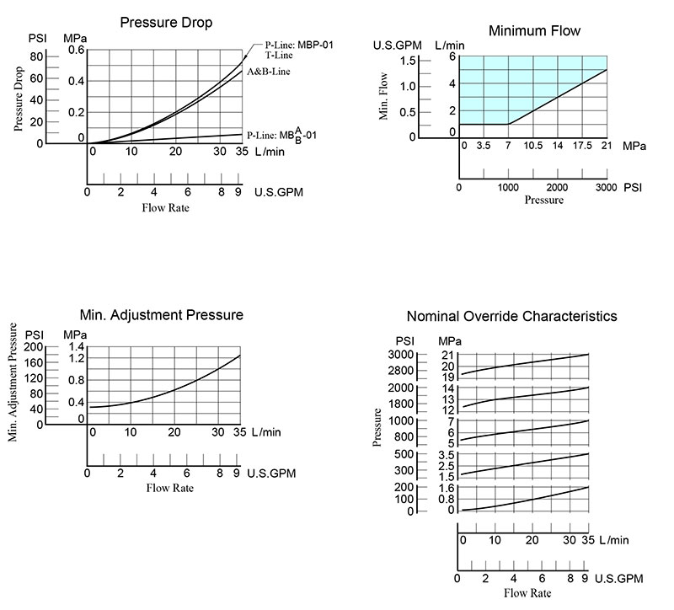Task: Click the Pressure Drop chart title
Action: tap(166, 23)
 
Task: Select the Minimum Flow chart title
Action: tap(534, 30)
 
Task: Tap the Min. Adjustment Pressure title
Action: tap(162, 314)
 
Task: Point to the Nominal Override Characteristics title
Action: tap(512, 316)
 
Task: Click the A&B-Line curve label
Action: tap(268, 72)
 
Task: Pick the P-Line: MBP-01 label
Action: tap(299, 45)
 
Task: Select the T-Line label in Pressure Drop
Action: tap(279, 55)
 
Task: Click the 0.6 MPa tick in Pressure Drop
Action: tap(77, 50)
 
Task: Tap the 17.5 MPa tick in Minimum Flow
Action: tap(582, 145)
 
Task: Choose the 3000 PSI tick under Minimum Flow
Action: tap(606, 187)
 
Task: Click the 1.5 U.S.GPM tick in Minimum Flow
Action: tap(408, 61)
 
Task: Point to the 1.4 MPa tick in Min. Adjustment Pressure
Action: tap(77, 347)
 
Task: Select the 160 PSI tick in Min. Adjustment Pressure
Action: tap(34, 362)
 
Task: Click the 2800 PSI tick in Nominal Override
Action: tap(400, 371)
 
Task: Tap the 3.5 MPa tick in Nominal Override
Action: tap(447, 455)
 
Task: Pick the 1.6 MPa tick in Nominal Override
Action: tap(447, 488)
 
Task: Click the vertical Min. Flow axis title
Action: tap(383, 96)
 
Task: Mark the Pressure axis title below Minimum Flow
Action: tap(543, 200)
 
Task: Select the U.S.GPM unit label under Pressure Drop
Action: tap(279, 192)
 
